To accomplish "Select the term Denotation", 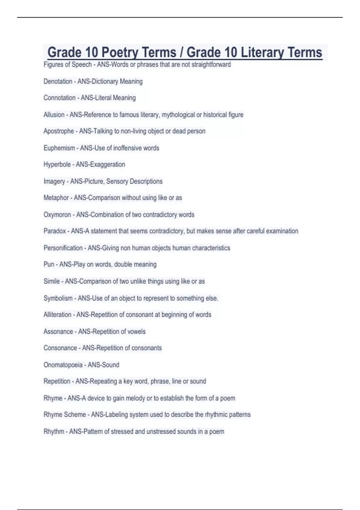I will pyautogui.click(x=58, y=81).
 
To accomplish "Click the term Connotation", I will pyautogui.click(x=59, y=98).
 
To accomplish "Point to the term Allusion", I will pyautogui.click(x=54, y=115).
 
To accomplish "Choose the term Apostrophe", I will pyautogui.click(x=59, y=131).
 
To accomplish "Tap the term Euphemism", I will pyautogui.click(x=59, y=148).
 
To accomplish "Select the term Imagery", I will pyautogui.click(x=54, y=181).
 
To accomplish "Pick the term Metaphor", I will pyautogui.click(x=56, y=198).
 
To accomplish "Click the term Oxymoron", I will pyautogui.click(x=57, y=214).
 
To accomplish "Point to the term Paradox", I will pyautogui.click(x=55, y=231).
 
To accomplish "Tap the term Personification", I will pyautogui.click(x=63, y=248).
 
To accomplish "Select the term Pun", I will pyautogui.click(x=49, y=264).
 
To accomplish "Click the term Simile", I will pyautogui.click(x=52, y=281).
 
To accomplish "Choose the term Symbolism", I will pyautogui.click(x=58, y=298).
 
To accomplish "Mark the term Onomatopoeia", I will pyautogui.click(x=63, y=365).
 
